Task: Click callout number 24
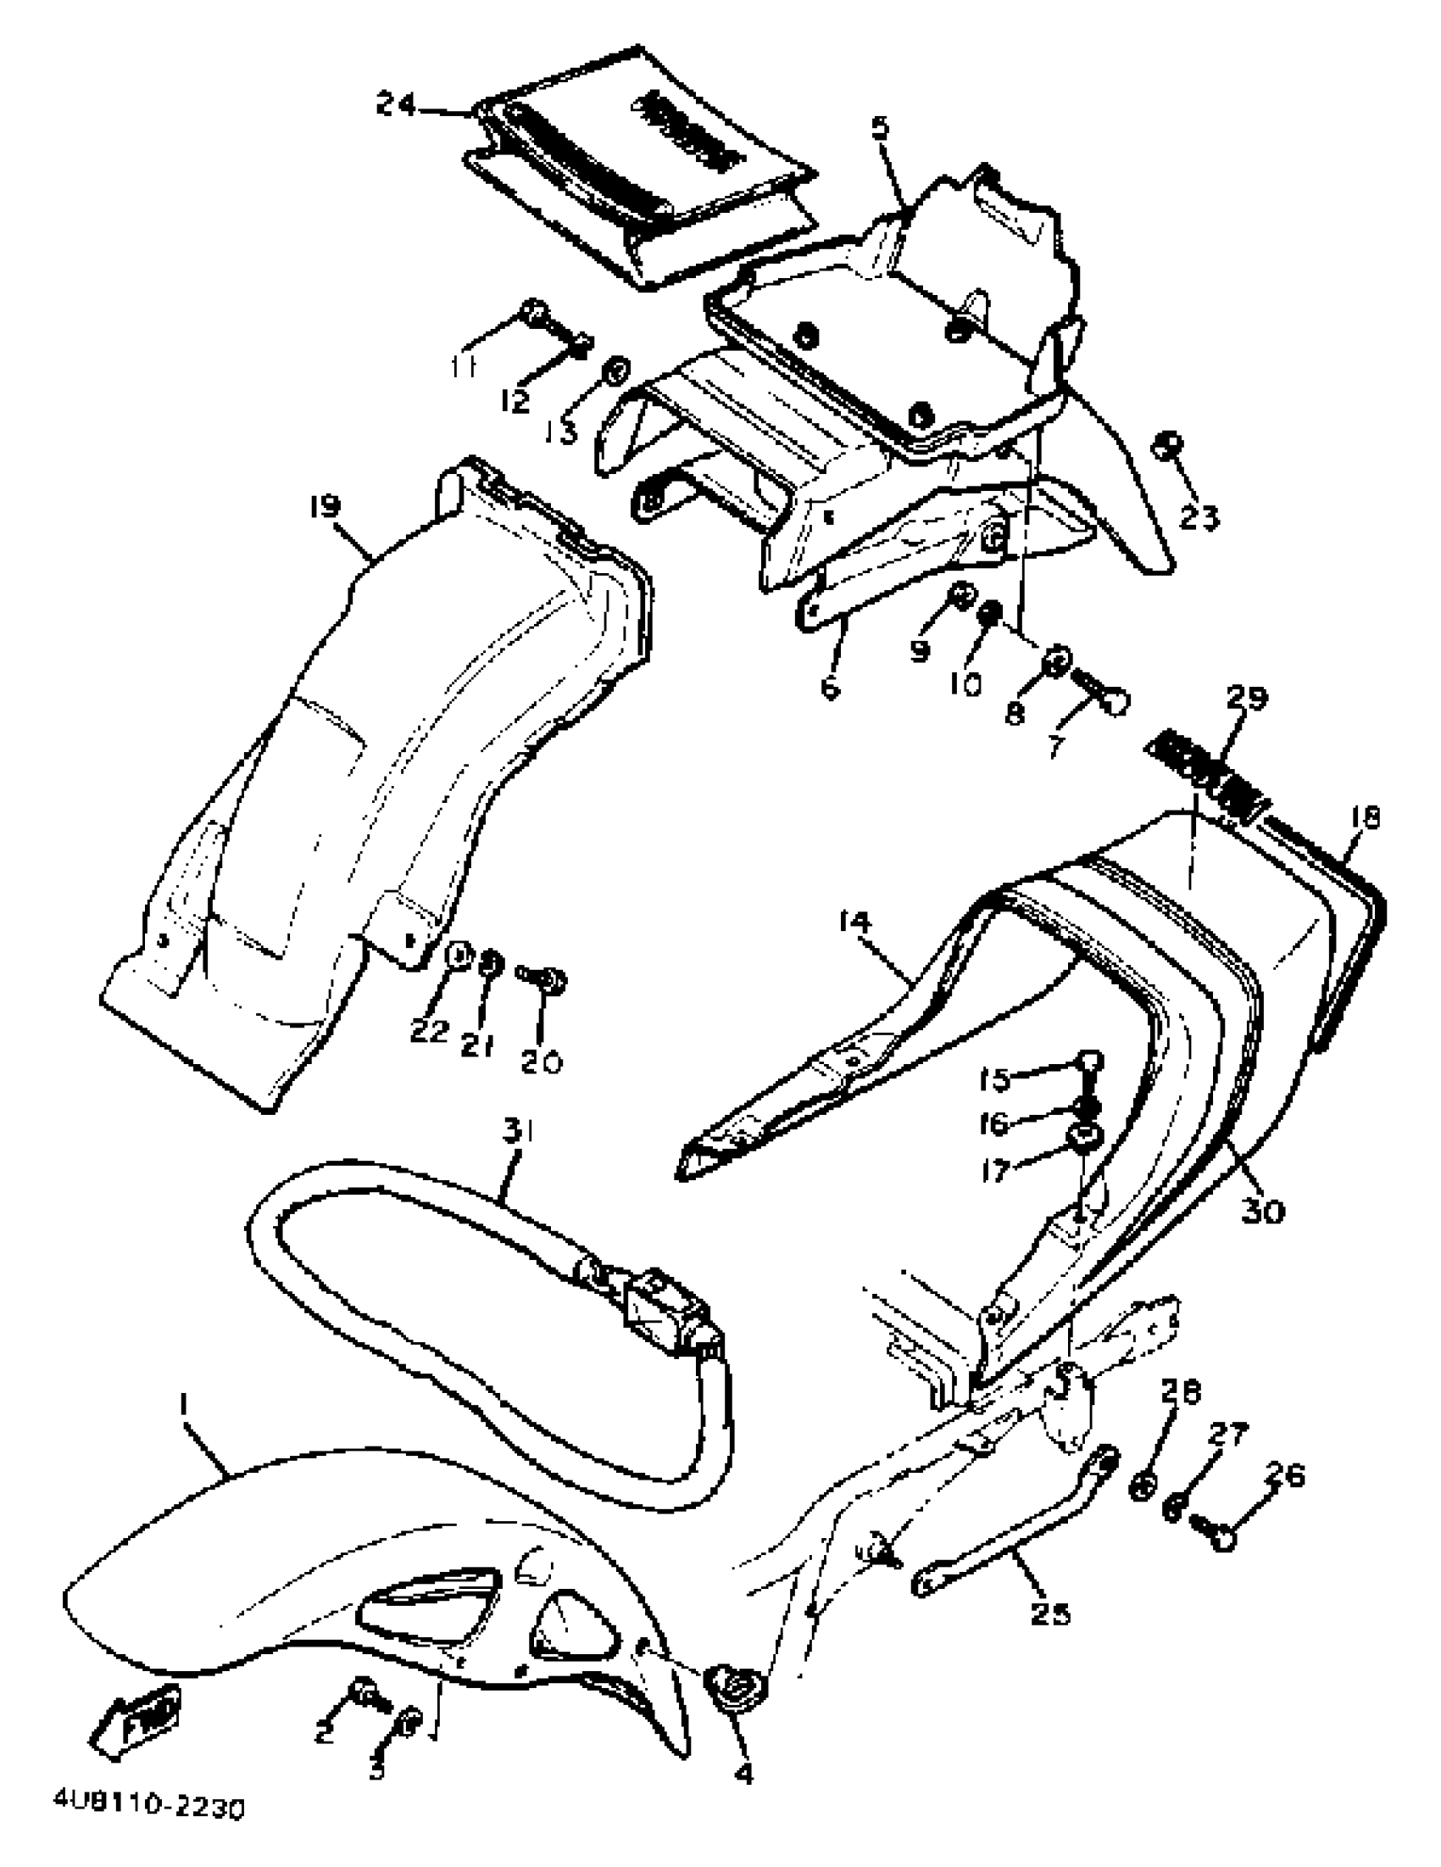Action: (396, 106)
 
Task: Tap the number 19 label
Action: (325, 507)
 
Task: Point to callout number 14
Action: (854, 922)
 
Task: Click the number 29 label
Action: (1247, 698)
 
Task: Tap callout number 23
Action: (1199, 516)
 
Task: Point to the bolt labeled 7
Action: (1102, 696)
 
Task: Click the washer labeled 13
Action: (615, 373)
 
